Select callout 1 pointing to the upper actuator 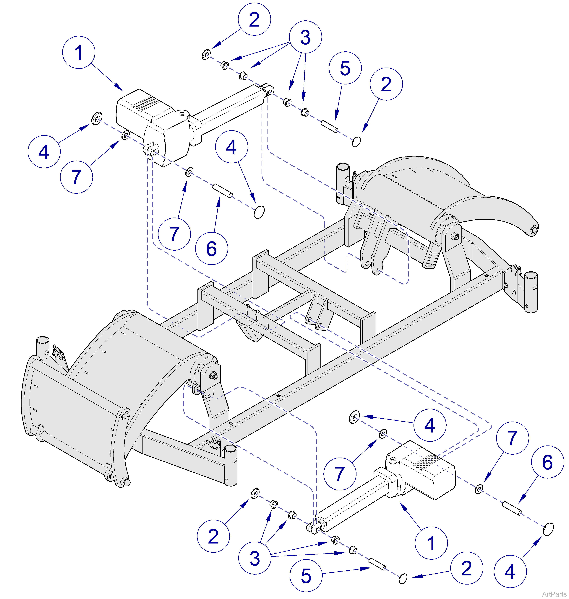tap(79, 52)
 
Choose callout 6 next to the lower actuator tap(547, 462)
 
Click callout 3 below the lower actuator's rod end tap(254, 558)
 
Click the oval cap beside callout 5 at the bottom tap(403, 578)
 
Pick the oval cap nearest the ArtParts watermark tap(548, 529)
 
